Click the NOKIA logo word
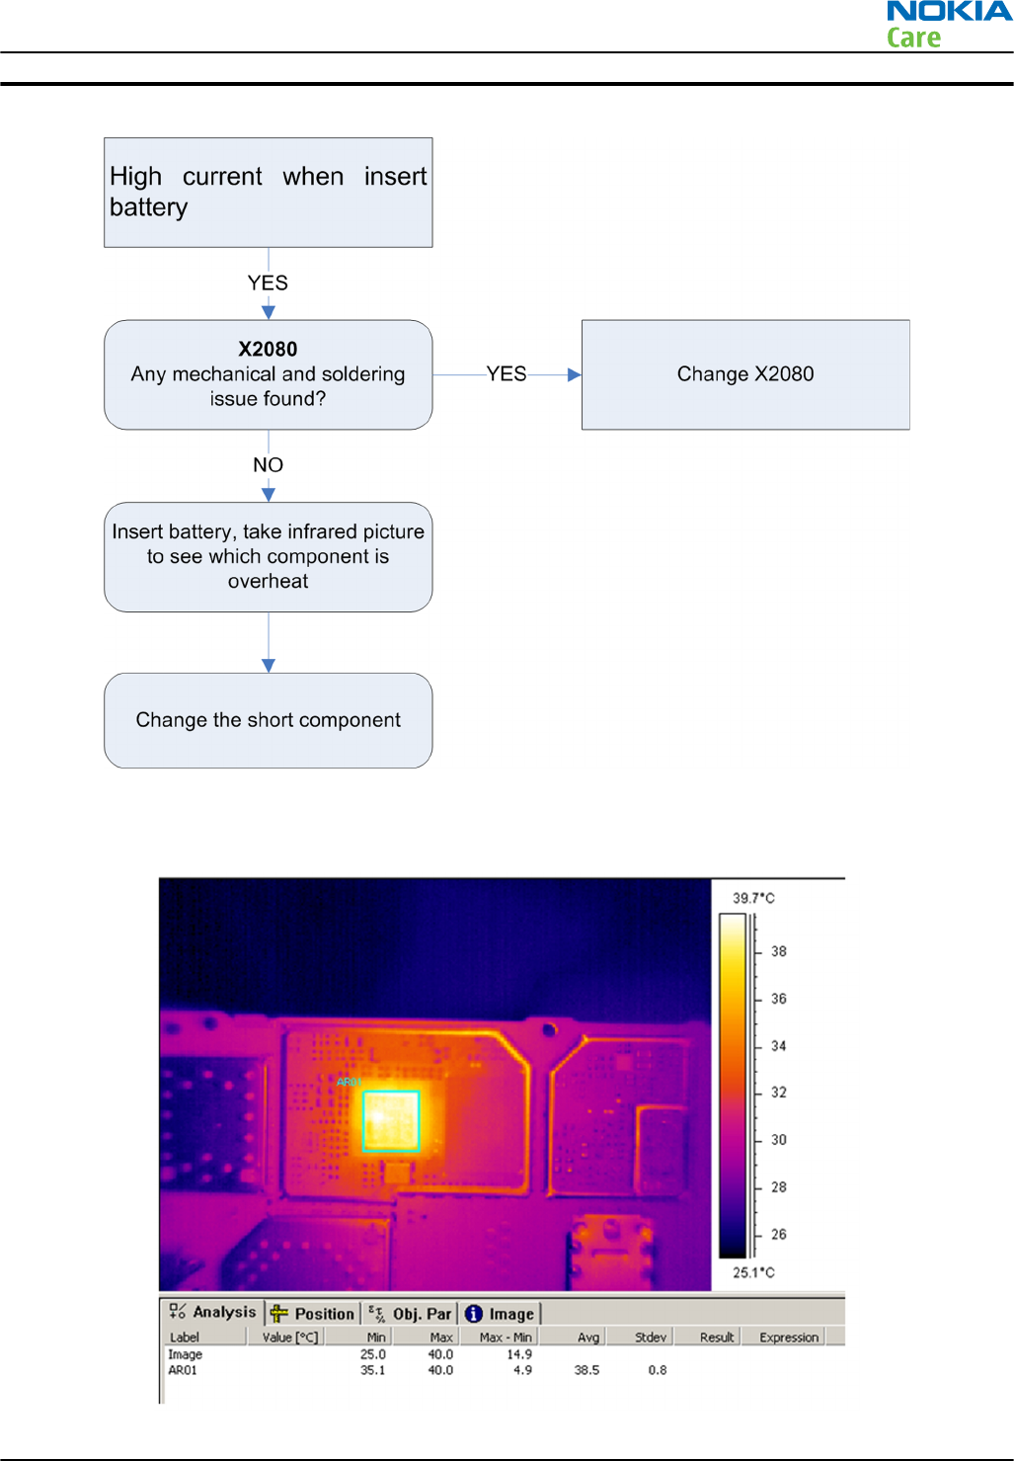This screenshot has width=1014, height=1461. coord(949,12)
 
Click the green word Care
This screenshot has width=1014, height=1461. coord(913,39)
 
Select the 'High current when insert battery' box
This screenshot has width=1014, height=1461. coord(268,192)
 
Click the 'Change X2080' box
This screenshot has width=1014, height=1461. coord(745,374)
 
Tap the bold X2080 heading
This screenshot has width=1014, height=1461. coord(268,349)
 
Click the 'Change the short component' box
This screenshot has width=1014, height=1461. coord(268,720)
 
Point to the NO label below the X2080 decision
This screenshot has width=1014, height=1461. coord(268,464)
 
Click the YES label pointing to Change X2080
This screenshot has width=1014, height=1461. coord(507,373)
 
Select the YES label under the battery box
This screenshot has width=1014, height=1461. coord(268,283)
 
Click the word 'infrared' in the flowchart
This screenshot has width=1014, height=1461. coord(324,531)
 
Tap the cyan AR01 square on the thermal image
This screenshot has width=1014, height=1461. coord(391,1121)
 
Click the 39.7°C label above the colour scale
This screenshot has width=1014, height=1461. coord(753,898)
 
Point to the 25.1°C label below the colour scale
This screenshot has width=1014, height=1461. coord(753,1272)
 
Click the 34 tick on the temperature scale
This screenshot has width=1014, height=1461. coord(779,1046)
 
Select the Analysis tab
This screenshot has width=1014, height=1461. coord(213,1313)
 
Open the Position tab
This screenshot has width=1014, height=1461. coord(313,1314)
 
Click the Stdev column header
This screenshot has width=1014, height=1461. coord(650,1338)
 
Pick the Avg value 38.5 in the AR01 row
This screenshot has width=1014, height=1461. coord(586,1370)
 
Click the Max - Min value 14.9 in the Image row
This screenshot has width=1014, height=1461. coord(519,1354)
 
